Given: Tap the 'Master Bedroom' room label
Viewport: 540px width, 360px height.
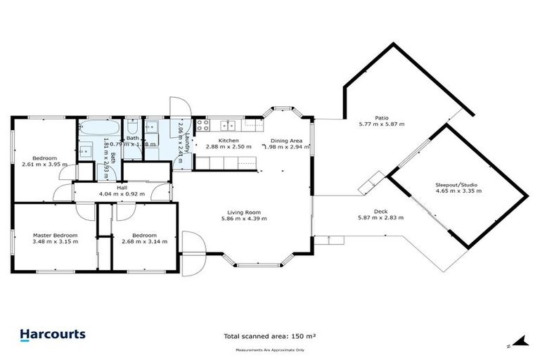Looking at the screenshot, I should (55, 235).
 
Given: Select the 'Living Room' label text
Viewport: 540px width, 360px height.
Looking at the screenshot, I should (243, 212).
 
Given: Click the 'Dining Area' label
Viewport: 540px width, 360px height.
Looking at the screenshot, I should (286, 141).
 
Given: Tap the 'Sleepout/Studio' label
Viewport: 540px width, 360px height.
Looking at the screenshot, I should (456, 184).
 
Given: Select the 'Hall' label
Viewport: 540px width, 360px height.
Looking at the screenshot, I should (122, 188).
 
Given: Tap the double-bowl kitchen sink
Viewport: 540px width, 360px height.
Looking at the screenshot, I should (227, 126).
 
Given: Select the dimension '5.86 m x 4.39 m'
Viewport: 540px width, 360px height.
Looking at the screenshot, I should (243, 219).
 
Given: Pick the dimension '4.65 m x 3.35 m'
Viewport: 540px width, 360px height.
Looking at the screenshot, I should (456, 191).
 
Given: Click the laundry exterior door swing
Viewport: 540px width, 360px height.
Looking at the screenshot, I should (176, 108).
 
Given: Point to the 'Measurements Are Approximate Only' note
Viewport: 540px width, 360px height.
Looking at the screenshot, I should (270, 349).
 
